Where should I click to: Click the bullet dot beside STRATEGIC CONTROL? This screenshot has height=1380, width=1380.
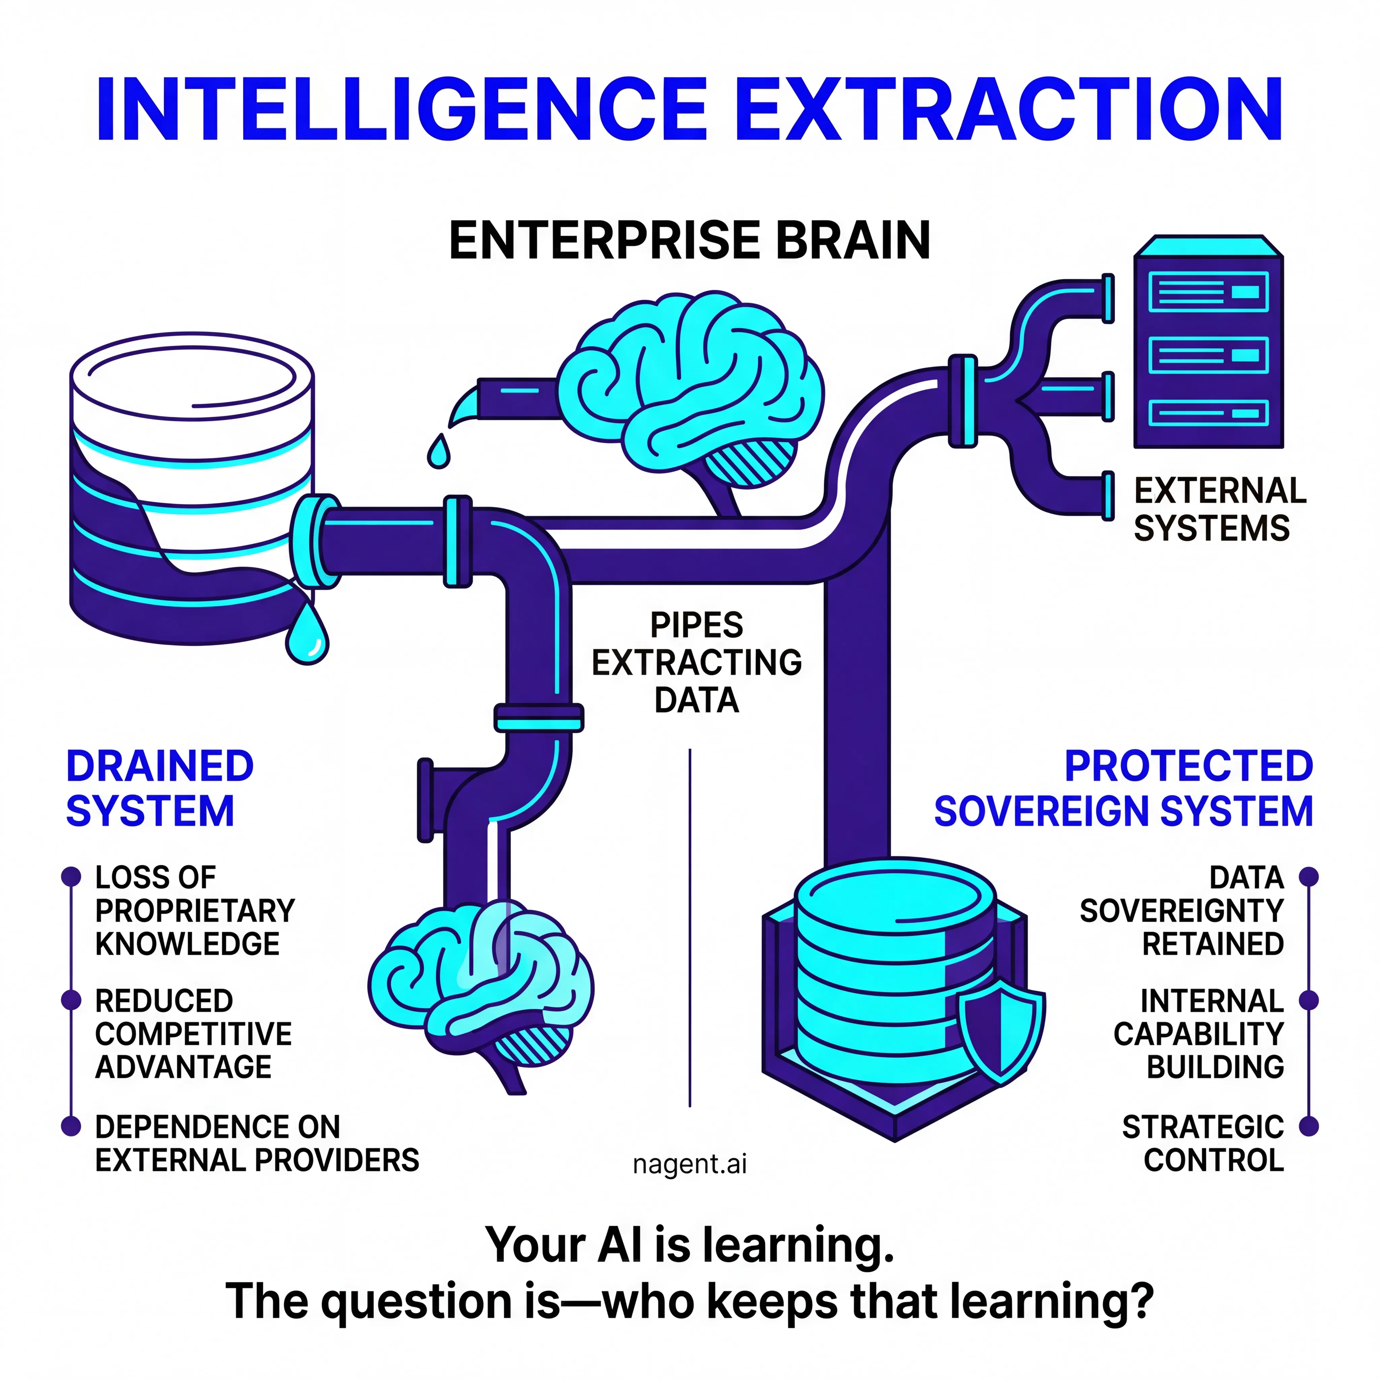tap(1309, 1126)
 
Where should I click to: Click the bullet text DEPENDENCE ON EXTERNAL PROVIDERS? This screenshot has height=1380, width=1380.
tap(257, 1143)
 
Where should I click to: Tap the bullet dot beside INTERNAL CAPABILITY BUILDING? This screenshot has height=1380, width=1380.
tap(1309, 1001)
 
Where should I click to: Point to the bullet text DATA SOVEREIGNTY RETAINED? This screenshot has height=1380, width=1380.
tap(1182, 911)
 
